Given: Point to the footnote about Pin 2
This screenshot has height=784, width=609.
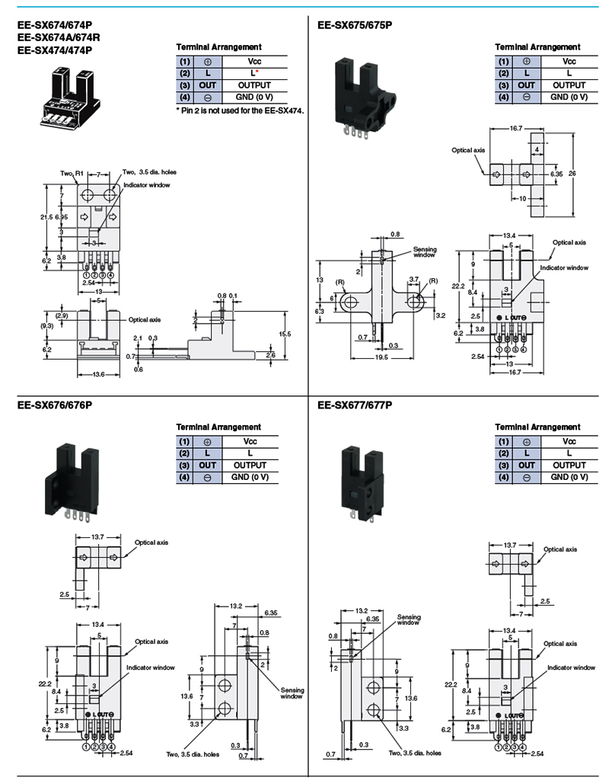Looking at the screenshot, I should tap(239, 110).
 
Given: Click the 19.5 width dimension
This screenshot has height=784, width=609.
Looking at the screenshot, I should tap(381, 357).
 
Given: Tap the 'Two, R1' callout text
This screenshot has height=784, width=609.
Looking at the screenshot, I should tap(71, 174).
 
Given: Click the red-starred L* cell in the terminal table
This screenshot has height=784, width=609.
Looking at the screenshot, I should tap(250, 72).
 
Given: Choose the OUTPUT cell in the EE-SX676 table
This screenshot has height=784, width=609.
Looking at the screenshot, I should tap(250, 465).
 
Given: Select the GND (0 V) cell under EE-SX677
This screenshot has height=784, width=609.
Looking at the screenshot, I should tap(569, 477).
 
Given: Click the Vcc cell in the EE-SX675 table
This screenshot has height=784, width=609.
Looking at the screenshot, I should tap(569, 60).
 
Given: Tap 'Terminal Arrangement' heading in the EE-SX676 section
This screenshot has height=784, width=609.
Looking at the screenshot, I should tap(218, 427).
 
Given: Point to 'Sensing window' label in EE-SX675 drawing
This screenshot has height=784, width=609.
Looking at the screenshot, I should tap(424, 252).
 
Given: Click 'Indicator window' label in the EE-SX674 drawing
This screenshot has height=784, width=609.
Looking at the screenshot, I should tap(148, 185).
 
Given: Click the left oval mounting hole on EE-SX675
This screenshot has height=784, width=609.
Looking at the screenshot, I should tap(349, 304).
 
